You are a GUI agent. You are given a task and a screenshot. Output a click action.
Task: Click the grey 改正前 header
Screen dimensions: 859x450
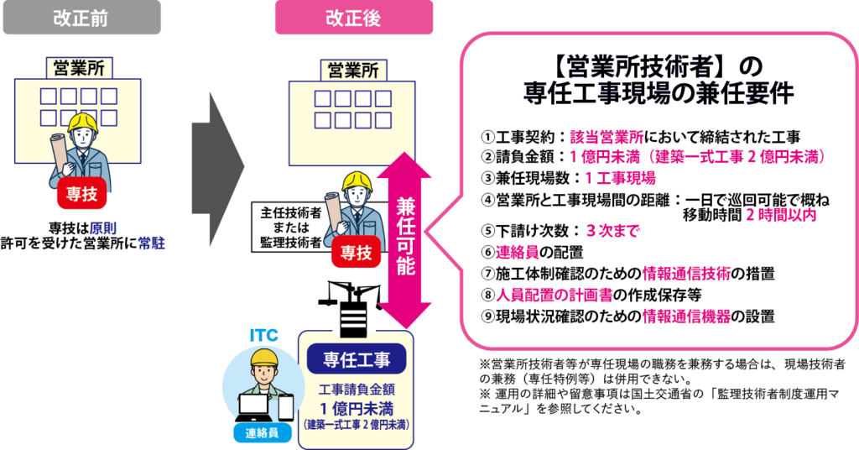tap(81, 18)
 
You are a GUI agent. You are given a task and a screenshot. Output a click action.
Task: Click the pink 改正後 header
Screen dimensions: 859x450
tap(354, 18)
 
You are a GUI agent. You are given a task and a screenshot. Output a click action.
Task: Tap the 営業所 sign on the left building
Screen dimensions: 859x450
tap(80, 69)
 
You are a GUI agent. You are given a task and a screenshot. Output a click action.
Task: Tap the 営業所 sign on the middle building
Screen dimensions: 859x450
tap(353, 71)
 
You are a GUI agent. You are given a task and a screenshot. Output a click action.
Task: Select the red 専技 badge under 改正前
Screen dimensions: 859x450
tap(81, 193)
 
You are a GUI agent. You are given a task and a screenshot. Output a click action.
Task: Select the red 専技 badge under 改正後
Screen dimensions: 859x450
tap(356, 253)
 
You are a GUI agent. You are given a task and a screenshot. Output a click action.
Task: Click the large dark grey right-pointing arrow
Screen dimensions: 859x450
tap(217, 169)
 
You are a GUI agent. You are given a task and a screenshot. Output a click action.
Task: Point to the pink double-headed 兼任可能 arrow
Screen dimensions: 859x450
tap(405, 239)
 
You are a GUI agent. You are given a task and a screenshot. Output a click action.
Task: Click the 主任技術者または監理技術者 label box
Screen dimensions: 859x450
tap(290, 228)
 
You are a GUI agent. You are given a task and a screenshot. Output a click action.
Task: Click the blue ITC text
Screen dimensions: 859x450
tap(263, 335)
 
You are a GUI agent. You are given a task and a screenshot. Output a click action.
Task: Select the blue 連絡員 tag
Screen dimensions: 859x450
tap(262, 433)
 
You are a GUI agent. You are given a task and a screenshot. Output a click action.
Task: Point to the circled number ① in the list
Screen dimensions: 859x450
tap(487, 137)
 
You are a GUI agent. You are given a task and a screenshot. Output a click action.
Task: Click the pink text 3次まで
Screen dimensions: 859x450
tap(612, 231)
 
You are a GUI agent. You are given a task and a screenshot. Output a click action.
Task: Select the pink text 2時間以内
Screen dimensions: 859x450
tap(781, 215)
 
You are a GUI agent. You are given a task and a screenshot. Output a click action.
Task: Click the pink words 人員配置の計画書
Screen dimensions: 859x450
tap(554, 295)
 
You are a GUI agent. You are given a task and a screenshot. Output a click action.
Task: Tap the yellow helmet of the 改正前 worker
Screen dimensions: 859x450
tap(83, 123)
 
